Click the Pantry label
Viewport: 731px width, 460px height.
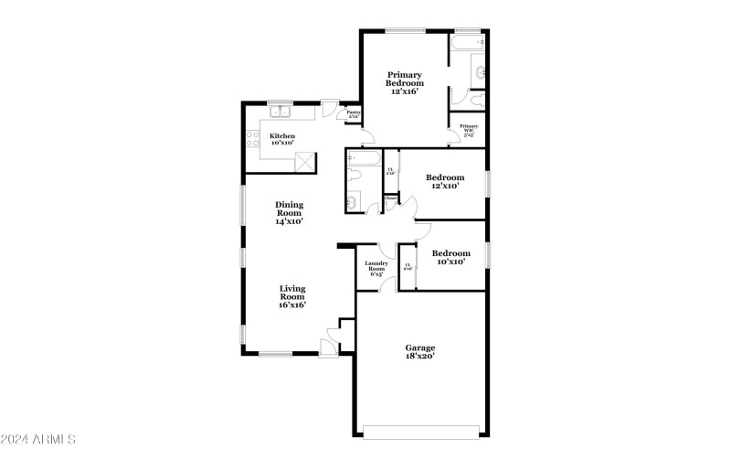353,114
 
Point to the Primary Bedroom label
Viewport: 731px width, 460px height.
404,82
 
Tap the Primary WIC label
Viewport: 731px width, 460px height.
468,129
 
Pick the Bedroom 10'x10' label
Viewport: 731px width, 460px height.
450,257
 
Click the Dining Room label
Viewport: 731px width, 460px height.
289,212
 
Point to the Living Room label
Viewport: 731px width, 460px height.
291,295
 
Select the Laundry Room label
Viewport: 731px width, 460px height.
376,267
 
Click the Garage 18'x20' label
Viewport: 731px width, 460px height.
419,351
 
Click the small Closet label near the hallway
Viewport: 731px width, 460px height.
390,198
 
